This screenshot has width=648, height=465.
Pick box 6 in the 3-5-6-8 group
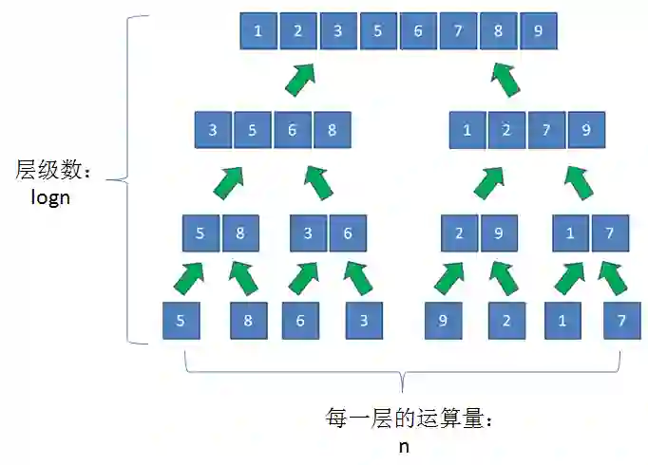293,130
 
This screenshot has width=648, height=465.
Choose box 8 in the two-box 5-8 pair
240,232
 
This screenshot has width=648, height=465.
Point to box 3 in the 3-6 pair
308,232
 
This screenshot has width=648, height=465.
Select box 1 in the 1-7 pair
570,232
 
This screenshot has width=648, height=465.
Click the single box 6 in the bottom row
300,321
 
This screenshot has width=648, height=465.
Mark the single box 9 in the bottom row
443,321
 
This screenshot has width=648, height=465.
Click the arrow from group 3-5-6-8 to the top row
301,79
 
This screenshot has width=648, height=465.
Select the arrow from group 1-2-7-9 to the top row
505,79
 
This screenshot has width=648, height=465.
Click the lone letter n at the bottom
404,446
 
